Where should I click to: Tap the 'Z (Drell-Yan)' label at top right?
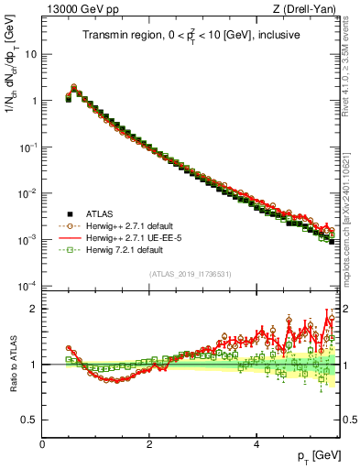308,10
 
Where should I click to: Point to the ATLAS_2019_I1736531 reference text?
191,274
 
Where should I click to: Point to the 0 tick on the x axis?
42,444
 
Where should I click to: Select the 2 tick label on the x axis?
149,444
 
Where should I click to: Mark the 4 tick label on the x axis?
256,444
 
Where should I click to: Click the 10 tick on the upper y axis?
31,53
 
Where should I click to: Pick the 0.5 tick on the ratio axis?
29,420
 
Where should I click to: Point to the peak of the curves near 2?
74,87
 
